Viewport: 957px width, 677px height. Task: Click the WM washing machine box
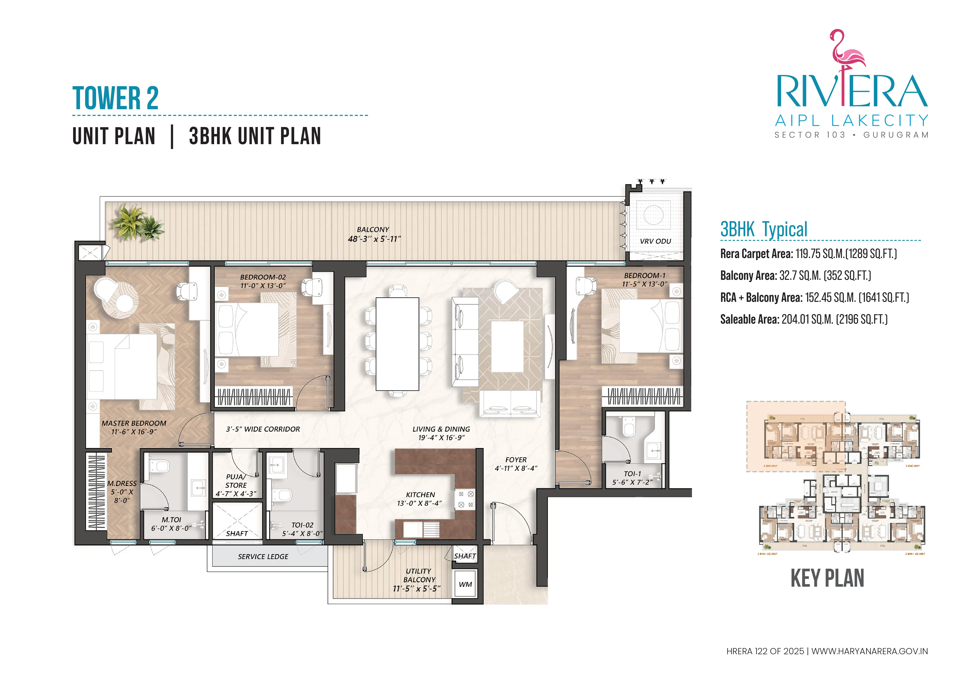[465, 584]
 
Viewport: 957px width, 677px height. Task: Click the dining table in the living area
[397, 344]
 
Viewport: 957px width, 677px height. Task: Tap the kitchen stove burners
[466, 499]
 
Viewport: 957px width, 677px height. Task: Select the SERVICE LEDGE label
[263, 557]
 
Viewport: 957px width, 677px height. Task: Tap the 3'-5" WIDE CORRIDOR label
[263, 429]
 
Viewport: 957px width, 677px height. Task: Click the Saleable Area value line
[804, 319]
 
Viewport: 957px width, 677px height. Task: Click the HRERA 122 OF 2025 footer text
[765, 651]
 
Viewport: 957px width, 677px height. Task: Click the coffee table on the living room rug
[507, 346]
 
